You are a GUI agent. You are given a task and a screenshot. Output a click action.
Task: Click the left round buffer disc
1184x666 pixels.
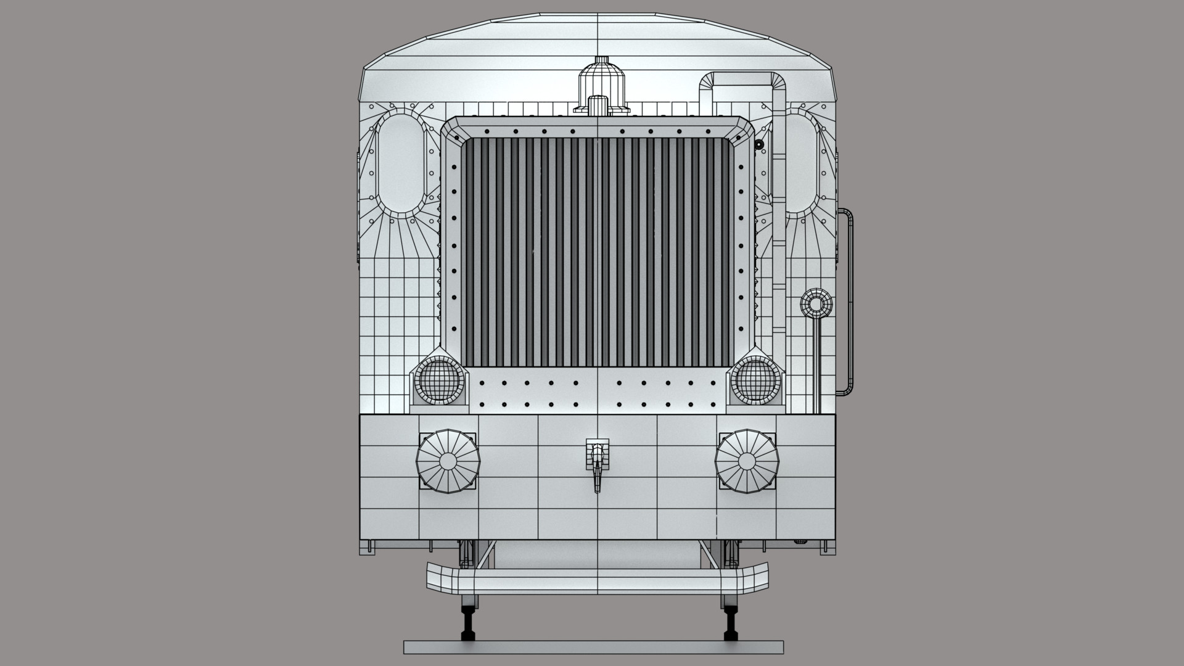[447, 461]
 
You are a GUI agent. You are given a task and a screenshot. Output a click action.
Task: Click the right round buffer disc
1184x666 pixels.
[747, 461]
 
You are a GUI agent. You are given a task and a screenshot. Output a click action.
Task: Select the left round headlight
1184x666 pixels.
[438, 380]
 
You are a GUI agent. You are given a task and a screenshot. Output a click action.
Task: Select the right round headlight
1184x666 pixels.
[756, 380]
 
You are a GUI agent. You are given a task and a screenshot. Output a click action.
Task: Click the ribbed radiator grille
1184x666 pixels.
[597, 253]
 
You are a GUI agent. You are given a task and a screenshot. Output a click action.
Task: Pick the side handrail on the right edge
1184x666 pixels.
[850, 302]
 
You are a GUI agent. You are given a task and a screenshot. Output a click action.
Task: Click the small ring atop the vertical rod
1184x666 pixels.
[816, 304]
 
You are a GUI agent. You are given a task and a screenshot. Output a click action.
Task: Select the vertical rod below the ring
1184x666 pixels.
[817, 364]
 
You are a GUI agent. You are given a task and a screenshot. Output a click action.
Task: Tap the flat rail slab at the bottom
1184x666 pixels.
[593, 646]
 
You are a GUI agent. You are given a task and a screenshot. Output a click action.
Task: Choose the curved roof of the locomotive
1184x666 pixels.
[597, 43]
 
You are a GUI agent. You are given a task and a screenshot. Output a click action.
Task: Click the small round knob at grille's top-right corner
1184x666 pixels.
[759, 144]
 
